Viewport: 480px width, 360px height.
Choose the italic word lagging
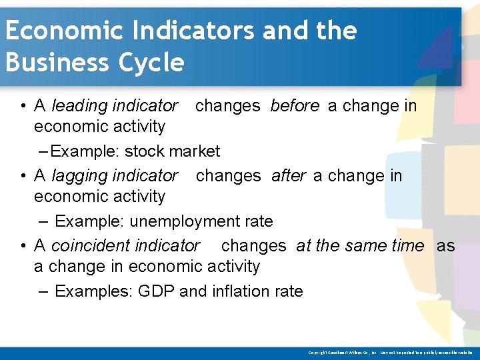pyautogui.click(x=79, y=176)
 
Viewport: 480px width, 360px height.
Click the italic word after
pyautogui.click(x=289, y=176)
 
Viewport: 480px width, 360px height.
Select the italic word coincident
pyautogui.click(x=91, y=246)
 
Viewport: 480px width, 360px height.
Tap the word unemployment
pyautogui.click(x=176, y=221)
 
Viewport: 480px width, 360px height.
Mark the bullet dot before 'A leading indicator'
pyautogui.click(x=23, y=106)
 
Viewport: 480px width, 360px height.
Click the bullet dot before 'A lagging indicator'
pyautogui.click(x=23, y=176)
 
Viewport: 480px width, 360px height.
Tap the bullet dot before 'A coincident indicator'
pyautogui.click(x=23, y=246)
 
